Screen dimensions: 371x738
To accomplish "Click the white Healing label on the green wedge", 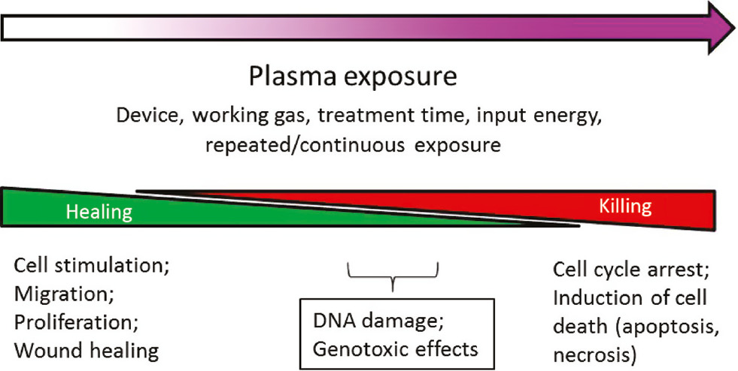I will click(99, 213).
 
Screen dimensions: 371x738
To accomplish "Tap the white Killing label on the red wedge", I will click(625, 207).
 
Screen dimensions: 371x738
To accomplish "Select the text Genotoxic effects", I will click(394, 348).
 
